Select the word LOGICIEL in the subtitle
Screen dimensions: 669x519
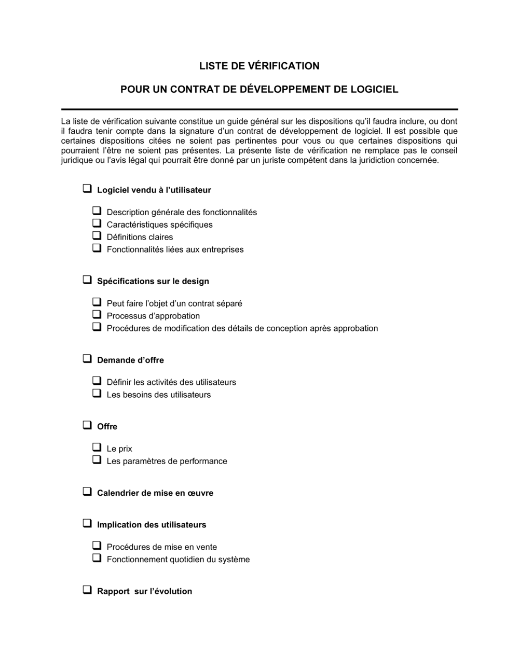pyautogui.click(x=374, y=89)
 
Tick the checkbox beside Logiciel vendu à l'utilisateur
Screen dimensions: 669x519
pyautogui.click(x=87, y=189)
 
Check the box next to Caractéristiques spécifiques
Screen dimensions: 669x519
pyautogui.click(x=97, y=224)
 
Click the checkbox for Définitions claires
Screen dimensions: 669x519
pyautogui.click(x=97, y=236)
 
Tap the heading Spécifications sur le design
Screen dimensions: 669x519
pyautogui.click(x=153, y=281)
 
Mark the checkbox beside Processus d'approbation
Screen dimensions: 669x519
pyautogui.click(x=97, y=315)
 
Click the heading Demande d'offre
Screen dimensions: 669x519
pyautogui.click(x=130, y=360)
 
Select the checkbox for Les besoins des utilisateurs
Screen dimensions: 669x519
pyautogui.click(x=97, y=394)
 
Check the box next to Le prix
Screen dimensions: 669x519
pyautogui.click(x=97, y=448)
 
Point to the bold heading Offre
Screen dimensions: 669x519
pyautogui.click(x=107, y=426)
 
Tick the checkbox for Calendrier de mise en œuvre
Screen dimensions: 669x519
pyautogui.click(x=87, y=492)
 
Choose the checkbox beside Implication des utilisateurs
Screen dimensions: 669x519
pyautogui.click(x=87, y=523)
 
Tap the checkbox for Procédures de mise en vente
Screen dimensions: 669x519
pyautogui.click(x=97, y=546)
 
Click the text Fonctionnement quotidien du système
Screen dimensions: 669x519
pyautogui.click(x=178, y=559)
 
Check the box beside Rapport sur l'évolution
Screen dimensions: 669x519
pyautogui.click(x=87, y=590)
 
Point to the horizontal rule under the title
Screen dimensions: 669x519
pyautogui.click(x=259, y=109)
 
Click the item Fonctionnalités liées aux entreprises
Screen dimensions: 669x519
pyautogui.click(x=175, y=249)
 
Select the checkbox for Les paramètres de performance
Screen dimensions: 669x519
pyautogui.click(x=97, y=460)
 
